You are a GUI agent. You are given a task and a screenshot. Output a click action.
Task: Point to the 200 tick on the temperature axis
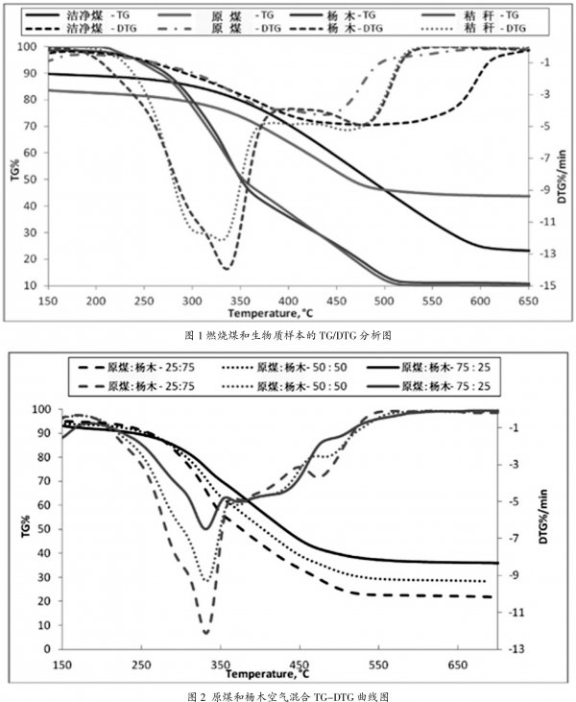[96, 301]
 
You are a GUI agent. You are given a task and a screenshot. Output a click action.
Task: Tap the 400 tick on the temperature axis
[288, 301]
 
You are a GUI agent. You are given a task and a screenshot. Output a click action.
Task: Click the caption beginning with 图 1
[288, 335]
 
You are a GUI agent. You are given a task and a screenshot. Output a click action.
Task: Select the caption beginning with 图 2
[288, 693]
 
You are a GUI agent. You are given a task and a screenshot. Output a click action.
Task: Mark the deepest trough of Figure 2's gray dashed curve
[205, 633]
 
